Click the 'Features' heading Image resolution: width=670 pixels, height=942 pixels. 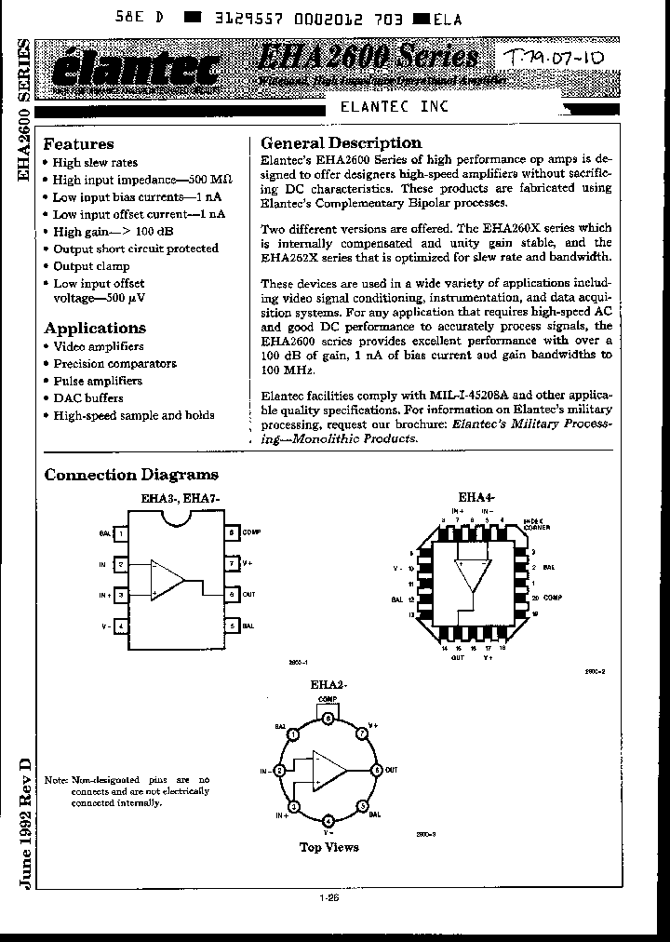[x=79, y=144]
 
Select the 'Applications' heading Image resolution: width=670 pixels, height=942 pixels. [x=95, y=328]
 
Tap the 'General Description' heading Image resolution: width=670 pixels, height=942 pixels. [x=341, y=143]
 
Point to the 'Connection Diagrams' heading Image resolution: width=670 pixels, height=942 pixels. [x=131, y=475]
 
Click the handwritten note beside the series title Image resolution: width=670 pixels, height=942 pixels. [x=555, y=61]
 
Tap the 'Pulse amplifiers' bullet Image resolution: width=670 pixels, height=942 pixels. [x=98, y=381]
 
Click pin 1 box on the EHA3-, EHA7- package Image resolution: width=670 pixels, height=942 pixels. [x=121, y=533]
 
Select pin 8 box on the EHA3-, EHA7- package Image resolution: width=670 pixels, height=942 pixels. [x=230, y=533]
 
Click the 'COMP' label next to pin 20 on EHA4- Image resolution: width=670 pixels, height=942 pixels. [x=554, y=596]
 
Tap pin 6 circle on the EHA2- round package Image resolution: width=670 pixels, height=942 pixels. [x=376, y=770]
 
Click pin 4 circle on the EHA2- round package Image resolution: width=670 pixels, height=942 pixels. [x=328, y=821]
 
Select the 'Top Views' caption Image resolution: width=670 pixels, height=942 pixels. [x=328, y=847]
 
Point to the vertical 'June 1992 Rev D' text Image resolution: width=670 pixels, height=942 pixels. [x=25, y=819]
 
